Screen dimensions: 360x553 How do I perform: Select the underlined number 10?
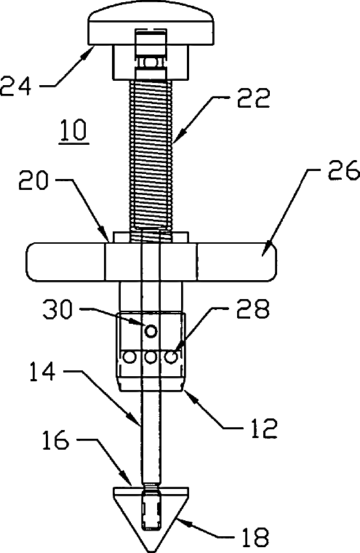[x=73, y=130]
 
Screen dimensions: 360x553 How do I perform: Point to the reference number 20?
[x=33, y=180]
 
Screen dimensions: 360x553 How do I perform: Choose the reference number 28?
[x=253, y=309]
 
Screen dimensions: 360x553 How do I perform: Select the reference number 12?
[x=264, y=427]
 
